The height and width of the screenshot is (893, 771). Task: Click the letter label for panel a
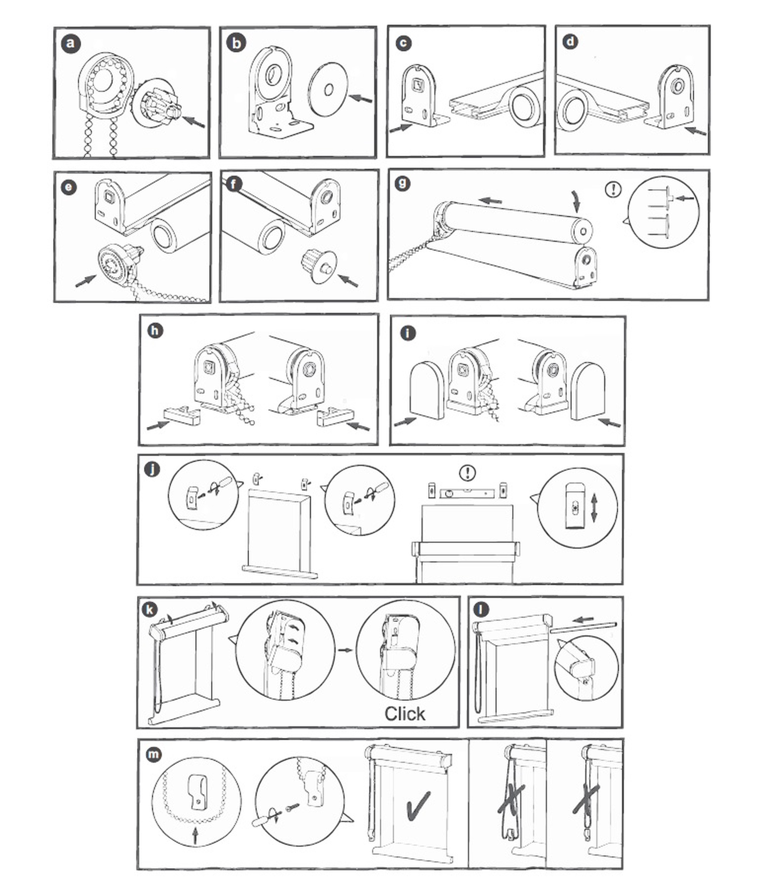pos(71,44)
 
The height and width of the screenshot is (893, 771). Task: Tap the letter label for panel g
pos(402,184)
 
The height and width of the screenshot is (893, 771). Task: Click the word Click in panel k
pos(404,714)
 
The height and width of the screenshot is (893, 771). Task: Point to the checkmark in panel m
pos(417,805)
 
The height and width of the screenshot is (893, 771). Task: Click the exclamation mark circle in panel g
pos(613,189)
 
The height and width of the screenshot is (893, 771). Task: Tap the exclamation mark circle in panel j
pos(468,472)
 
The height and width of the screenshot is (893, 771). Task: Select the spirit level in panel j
pos(467,492)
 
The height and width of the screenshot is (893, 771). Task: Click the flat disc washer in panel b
pos(328,90)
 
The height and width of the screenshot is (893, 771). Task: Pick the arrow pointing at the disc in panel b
pos(360,99)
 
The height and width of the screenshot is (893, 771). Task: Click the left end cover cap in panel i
pos(426,391)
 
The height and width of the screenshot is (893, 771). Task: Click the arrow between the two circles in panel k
pos(345,650)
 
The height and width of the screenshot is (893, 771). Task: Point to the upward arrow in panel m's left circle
pos(195,836)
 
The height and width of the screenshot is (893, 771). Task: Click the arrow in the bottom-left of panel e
pos(85,280)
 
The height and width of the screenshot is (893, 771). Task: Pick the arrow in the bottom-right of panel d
pos(695,130)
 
